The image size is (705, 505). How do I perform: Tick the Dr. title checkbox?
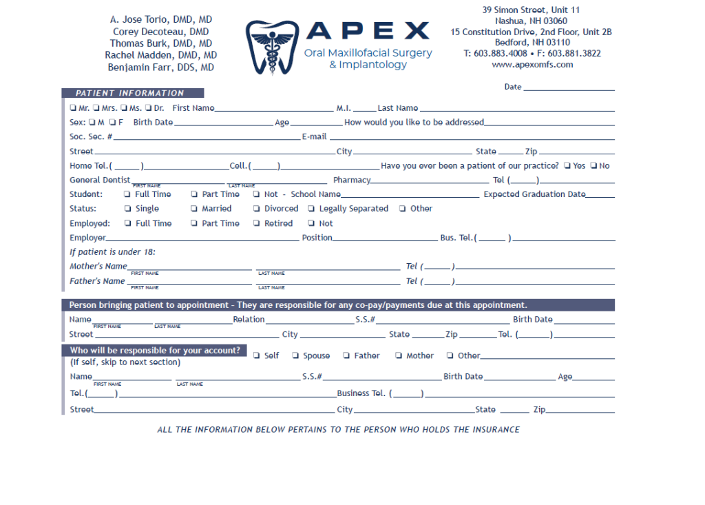point(149,108)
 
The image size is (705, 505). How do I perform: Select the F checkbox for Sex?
point(112,123)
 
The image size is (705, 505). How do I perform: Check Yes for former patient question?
point(567,166)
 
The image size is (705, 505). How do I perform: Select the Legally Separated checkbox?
point(312,209)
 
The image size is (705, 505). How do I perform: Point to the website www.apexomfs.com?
point(532,65)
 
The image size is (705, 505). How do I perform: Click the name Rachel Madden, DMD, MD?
point(161,55)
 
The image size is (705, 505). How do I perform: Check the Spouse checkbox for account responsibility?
point(295,356)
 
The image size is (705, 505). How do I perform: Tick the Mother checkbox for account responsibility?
point(399,356)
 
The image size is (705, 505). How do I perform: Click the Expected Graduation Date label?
point(534,194)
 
